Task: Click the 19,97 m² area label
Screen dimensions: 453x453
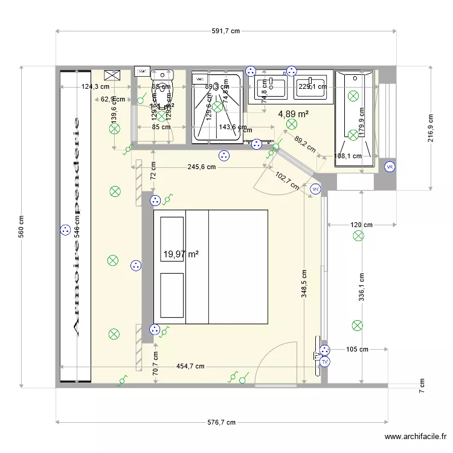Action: coord(181,255)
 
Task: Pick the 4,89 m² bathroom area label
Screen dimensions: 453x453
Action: coord(294,114)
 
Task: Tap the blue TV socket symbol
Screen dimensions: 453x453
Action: coord(326,362)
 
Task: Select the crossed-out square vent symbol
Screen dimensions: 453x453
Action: coord(112,75)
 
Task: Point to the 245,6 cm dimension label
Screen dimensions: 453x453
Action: coord(202,167)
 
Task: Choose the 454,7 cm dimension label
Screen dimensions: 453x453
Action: coord(190,366)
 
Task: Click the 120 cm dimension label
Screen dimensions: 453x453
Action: coord(361,225)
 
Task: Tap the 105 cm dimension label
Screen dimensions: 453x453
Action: coord(358,349)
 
